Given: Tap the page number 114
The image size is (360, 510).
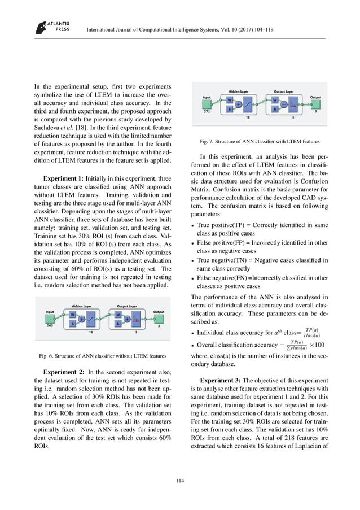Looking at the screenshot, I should coord(180,481).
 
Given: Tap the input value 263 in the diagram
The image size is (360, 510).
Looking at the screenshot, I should coord(50,325).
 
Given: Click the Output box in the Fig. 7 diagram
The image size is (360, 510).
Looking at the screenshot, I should coord(315,102).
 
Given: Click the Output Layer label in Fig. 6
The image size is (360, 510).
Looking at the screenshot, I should coord(129,305).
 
